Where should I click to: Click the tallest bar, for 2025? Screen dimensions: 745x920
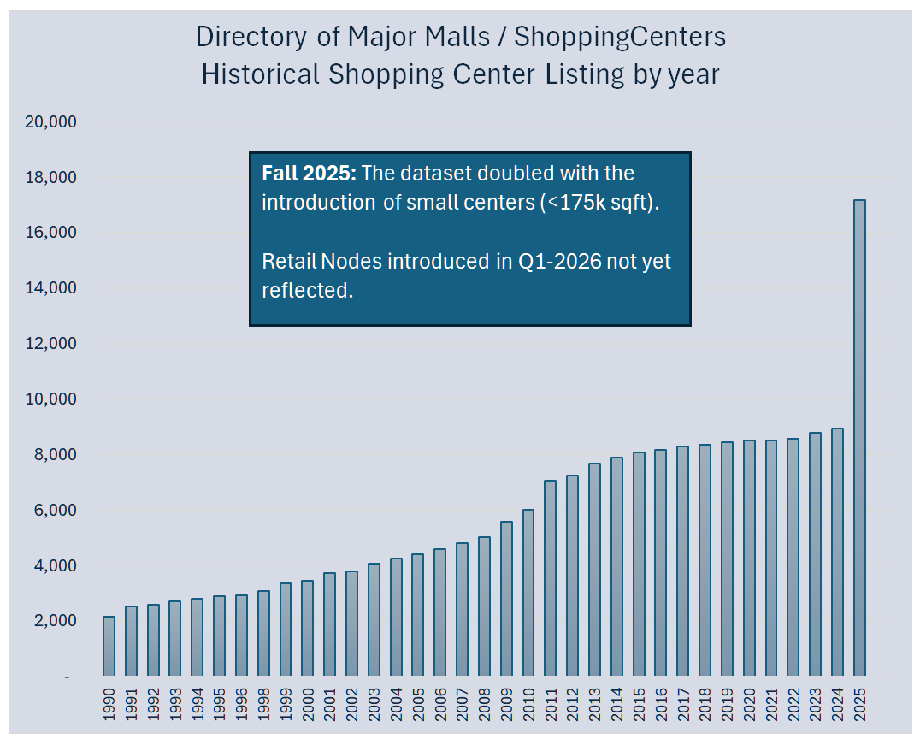(x=859, y=437)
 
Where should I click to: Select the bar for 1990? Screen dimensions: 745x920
(x=109, y=646)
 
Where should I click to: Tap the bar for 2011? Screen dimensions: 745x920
(x=551, y=578)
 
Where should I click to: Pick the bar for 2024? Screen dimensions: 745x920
(x=837, y=552)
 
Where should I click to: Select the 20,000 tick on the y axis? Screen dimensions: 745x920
(x=51, y=122)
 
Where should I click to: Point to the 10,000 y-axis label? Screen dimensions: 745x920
(x=51, y=399)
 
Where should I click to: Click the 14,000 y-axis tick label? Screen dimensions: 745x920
(x=51, y=288)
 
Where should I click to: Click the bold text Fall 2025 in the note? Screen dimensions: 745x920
(x=308, y=174)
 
